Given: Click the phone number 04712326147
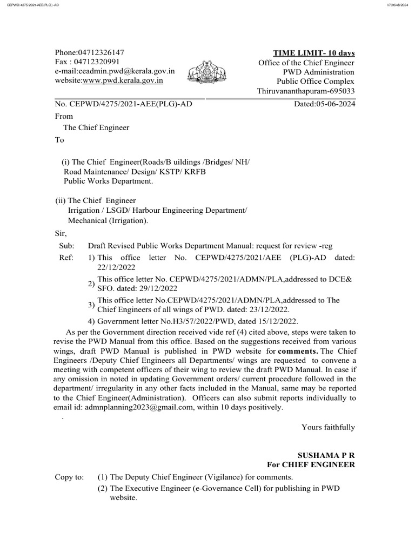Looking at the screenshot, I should (101, 52).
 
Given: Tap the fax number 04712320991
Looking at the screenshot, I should (99, 62).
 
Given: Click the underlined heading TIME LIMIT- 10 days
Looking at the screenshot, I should (314, 53).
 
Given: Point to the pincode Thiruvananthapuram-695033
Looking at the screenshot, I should (306, 91).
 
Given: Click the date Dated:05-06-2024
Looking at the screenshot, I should (324, 104).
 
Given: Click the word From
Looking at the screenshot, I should (64, 116).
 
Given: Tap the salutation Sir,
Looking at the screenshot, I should (61, 233).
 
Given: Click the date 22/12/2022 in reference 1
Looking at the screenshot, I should (116, 267).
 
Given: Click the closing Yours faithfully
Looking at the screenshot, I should (328, 427).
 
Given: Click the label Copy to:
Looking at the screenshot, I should (70, 477).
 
